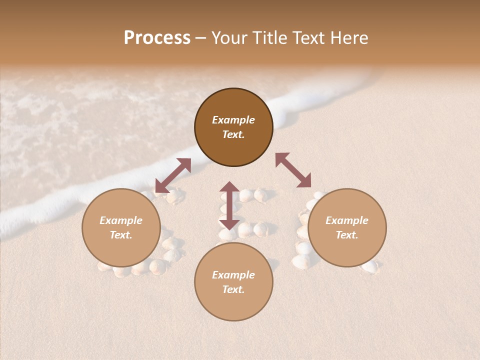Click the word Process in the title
pos(157,38)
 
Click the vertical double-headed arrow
pos(229,205)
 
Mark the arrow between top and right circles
pos(293,170)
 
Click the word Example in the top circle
pos(233,120)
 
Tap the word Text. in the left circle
pos(121,235)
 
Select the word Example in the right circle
pos(347,220)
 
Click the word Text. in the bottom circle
pos(233,289)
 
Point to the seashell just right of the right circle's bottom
pos(370,267)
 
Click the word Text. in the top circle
pos(233,134)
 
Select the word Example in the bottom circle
pos(233,275)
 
